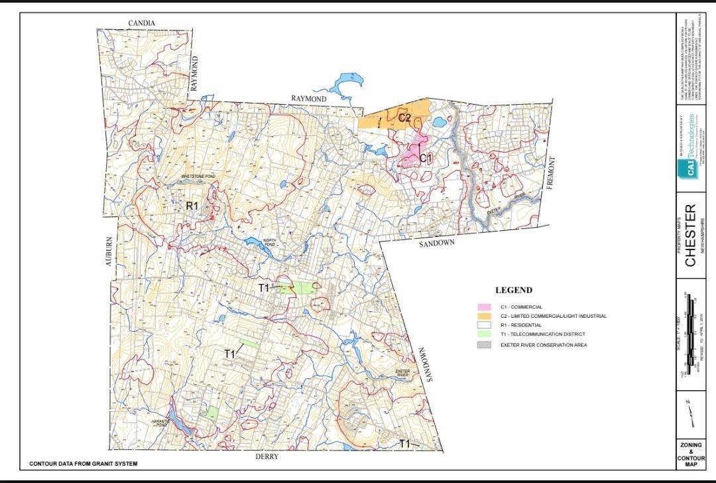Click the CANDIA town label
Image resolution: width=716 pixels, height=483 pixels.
pyautogui.click(x=142, y=23)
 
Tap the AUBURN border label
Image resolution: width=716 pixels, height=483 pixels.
pyautogui.click(x=111, y=253)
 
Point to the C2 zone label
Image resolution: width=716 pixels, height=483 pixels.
pyautogui.click(x=405, y=118)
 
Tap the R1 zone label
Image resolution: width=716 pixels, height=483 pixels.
pyautogui.click(x=192, y=206)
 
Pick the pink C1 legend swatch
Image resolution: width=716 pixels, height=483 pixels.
pyautogui.click(x=484, y=307)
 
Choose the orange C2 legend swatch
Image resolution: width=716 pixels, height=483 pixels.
pyautogui.click(x=484, y=316)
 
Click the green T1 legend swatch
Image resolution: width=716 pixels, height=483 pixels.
pyautogui.click(x=484, y=335)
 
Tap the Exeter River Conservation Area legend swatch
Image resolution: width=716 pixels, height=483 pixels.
pyautogui.click(x=484, y=345)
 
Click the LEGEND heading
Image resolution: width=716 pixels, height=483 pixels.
pyautogui.click(x=514, y=291)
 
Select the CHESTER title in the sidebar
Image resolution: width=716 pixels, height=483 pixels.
pyautogui.click(x=691, y=236)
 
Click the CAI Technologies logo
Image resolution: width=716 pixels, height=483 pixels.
pyautogui.click(x=690, y=147)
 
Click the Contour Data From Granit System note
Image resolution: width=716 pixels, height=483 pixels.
pyautogui.click(x=84, y=464)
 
